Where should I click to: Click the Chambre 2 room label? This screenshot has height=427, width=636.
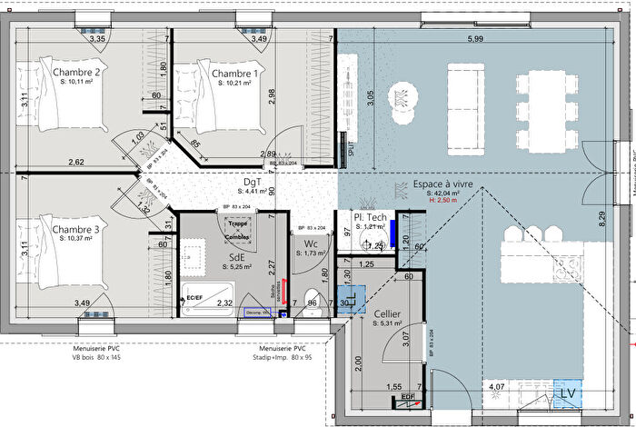click(x=75, y=73)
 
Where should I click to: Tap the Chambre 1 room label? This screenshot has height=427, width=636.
click(x=235, y=73)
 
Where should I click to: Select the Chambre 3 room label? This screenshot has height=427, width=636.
click(x=75, y=230)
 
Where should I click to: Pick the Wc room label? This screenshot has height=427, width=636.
click(x=311, y=243)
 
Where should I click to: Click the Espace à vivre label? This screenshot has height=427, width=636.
click(x=442, y=183)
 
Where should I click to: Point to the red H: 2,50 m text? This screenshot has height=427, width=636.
click(x=442, y=200)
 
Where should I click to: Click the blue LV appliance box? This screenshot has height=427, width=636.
click(x=568, y=392)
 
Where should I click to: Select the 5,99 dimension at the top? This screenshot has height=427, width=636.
click(x=474, y=39)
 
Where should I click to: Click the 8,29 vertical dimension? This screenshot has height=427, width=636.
click(x=601, y=217)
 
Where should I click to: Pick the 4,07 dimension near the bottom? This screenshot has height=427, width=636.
click(x=497, y=387)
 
